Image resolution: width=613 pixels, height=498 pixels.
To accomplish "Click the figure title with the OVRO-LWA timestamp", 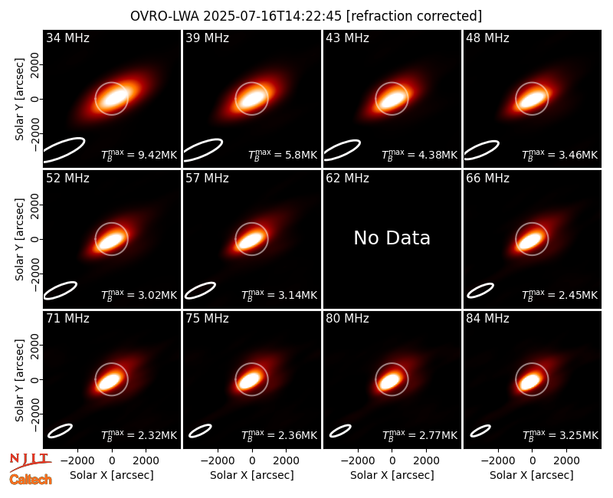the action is click(x=306, y=16).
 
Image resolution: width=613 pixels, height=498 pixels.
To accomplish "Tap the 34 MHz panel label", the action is click(x=67, y=38).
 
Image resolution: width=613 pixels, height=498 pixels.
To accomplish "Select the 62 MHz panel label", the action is click(x=347, y=179).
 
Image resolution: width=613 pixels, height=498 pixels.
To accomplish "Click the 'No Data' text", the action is click(x=392, y=238).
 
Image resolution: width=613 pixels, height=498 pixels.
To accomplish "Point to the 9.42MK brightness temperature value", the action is click(x=139, y=155).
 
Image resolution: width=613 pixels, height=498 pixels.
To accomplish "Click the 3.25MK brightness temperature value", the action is click(x=560, y=434).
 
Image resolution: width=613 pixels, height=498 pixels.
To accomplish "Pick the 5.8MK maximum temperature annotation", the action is click(x=283, y=155).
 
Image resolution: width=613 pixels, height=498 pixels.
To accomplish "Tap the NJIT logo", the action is click(x=31, y=462).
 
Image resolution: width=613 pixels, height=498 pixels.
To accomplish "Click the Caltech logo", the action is click(x=31, y=480).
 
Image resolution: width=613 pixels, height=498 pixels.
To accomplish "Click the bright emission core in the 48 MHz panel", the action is click(x=531, y=100).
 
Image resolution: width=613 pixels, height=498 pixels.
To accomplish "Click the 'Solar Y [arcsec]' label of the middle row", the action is click(x=19, y=239).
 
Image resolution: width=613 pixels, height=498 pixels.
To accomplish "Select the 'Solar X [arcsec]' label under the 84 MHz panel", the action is click(x=532, y=475).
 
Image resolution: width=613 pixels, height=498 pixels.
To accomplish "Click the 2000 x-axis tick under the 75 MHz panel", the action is click(x=286, y=461).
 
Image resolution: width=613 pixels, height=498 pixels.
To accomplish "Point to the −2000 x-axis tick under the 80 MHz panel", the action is click(x=357, y=461).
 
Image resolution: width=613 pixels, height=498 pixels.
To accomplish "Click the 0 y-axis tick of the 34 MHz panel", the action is click(x=34, y=99).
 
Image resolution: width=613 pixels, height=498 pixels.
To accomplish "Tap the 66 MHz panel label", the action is click(x=487, y=179).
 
